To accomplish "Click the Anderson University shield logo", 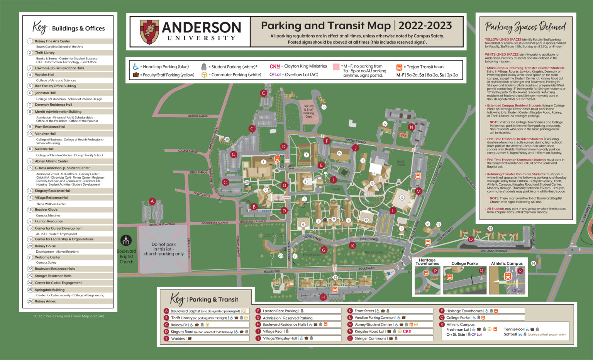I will tap(149, 32).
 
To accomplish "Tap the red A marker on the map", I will tap(152, 201).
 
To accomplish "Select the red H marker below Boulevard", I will tap(323, 297).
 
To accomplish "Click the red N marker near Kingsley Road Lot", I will tap(412, 127).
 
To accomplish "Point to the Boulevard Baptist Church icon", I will tap(126, 240).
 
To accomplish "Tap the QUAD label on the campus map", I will tap(335, 189).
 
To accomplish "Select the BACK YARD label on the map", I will tap(401, 163).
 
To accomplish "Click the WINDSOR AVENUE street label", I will tap(198, 116).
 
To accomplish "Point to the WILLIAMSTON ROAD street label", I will tap(494, 251).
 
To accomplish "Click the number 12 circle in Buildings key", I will tap(30, 161).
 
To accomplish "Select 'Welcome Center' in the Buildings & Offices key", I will tap(47, 257).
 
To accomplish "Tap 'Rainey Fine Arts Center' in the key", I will tap(53, 41).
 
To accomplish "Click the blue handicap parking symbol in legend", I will tap(136, 67).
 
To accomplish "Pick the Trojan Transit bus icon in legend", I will tap(399, 67).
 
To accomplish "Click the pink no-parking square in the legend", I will tap(335, 67).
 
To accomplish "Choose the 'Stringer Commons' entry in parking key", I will tap(370, 338).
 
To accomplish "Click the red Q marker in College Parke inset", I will tap(481, 271).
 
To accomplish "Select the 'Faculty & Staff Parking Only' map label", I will tap(308, 111).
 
